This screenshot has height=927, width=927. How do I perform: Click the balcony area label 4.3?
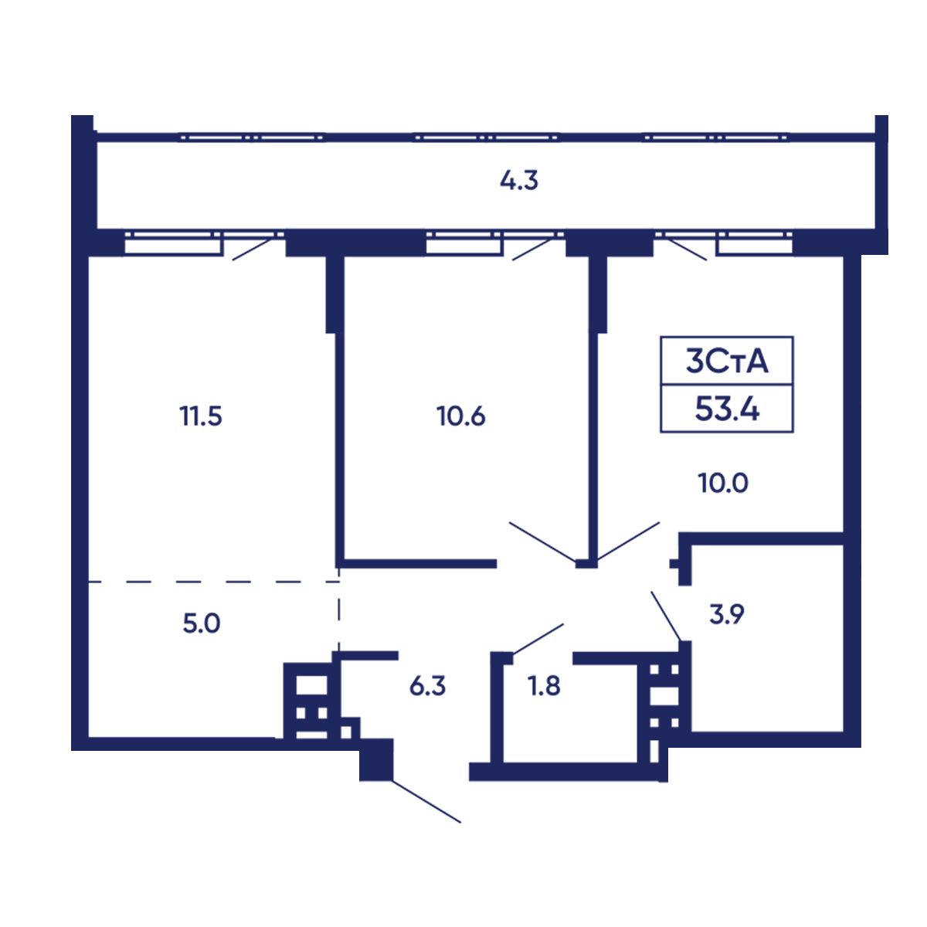pos(518,182)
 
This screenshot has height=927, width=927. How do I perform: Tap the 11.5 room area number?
pos(201,416)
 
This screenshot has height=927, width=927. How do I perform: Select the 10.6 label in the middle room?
pos(461,416)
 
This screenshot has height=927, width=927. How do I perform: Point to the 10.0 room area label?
pos(724,483)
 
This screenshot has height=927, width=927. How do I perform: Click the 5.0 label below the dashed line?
pos(202,623)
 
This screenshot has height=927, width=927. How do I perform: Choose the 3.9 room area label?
pos(727,614)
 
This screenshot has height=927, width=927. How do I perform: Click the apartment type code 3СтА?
pos(727,362)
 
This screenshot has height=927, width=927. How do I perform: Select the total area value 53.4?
pos(727,411)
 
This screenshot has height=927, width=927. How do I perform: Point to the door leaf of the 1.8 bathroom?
pos(538,639)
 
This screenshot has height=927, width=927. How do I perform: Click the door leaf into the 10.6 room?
pos(542,542)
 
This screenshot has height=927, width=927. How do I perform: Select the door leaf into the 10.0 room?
pos(628,542)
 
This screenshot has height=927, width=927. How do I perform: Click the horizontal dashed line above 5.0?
pos(213,582)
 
